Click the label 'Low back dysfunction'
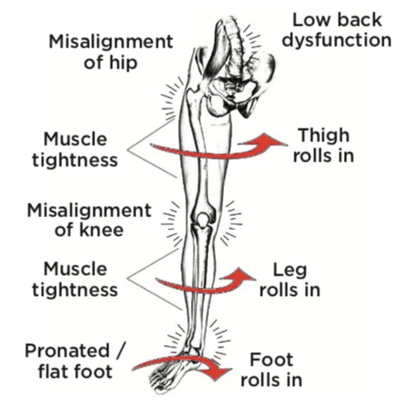pyautogui.click(x=337, y=30)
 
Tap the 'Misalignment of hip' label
pyautogui.click(x=111, y=52)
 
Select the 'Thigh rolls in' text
pyautogui.click(x=324, y=145)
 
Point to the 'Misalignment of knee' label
pyautogui.click(x=90, y=220)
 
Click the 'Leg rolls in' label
pyautogui.click(x=290, y=280)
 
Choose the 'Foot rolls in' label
pyautogui.click(x=272, y=370)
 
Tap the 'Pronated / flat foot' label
pyautogui.click(x=76, y=361)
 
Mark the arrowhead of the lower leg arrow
pyautogui.click(x=239, y=276)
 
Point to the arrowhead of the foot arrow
pyautogui.click(x=220, y=370)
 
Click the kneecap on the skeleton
pyautogui.click(x=203, y=219)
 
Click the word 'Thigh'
pyautogui.click(x=324, y=136)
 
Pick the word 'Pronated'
pyautogui.click(x=67, y=351)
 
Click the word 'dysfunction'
pyautogui.click(x=337, y=40)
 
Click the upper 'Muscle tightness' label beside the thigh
pyautogui.click(x=75, y=150)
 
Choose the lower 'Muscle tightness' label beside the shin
pyautogui.click(x=75, y=280)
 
